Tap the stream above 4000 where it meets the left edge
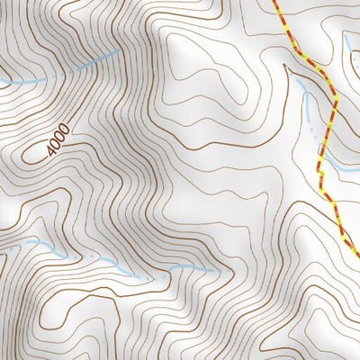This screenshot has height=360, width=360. coord(2,83)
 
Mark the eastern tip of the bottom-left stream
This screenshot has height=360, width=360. coord(214,269)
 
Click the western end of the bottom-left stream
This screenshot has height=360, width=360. coord(27,242)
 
